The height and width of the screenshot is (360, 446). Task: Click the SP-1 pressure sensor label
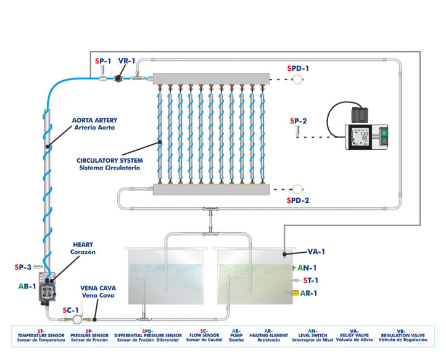[x=103, y=61]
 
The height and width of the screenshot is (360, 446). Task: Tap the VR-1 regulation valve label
[x=127, y=62]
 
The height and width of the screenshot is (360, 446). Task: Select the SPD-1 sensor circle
[x=297, y=80]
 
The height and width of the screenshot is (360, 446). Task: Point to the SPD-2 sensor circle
[x=297, y=189]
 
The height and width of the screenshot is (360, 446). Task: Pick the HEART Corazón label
[x=82, y=248]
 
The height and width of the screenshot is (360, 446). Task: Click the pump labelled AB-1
[x=47, y=288]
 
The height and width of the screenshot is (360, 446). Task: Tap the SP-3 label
[x=23, y=267]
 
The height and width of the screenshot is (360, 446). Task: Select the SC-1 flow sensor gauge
[x=77, y=319]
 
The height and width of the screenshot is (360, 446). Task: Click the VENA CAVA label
[x=97, y=292]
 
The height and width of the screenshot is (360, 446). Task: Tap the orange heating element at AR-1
[x=295, y=292]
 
